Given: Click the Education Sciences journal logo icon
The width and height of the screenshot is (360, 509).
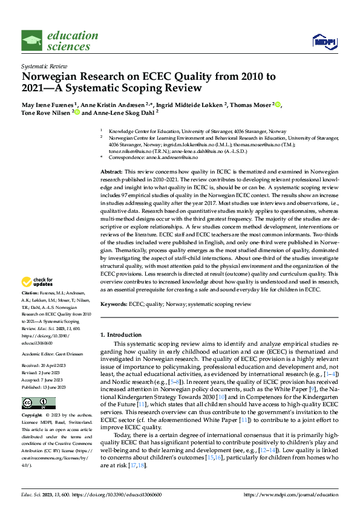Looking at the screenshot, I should pyautogui.click(x=31, y=41).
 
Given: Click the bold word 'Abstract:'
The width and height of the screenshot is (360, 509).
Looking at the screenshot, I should pyautogui.click(x=111, y=172).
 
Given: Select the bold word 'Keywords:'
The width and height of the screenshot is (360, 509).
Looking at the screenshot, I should pyautogui.click(x=113, y=305).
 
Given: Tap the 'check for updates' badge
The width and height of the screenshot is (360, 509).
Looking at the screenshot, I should pyautogui.click(x=38, y=282).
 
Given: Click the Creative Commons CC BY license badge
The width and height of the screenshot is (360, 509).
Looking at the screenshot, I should pyautogui.click(x=38, y=403).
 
